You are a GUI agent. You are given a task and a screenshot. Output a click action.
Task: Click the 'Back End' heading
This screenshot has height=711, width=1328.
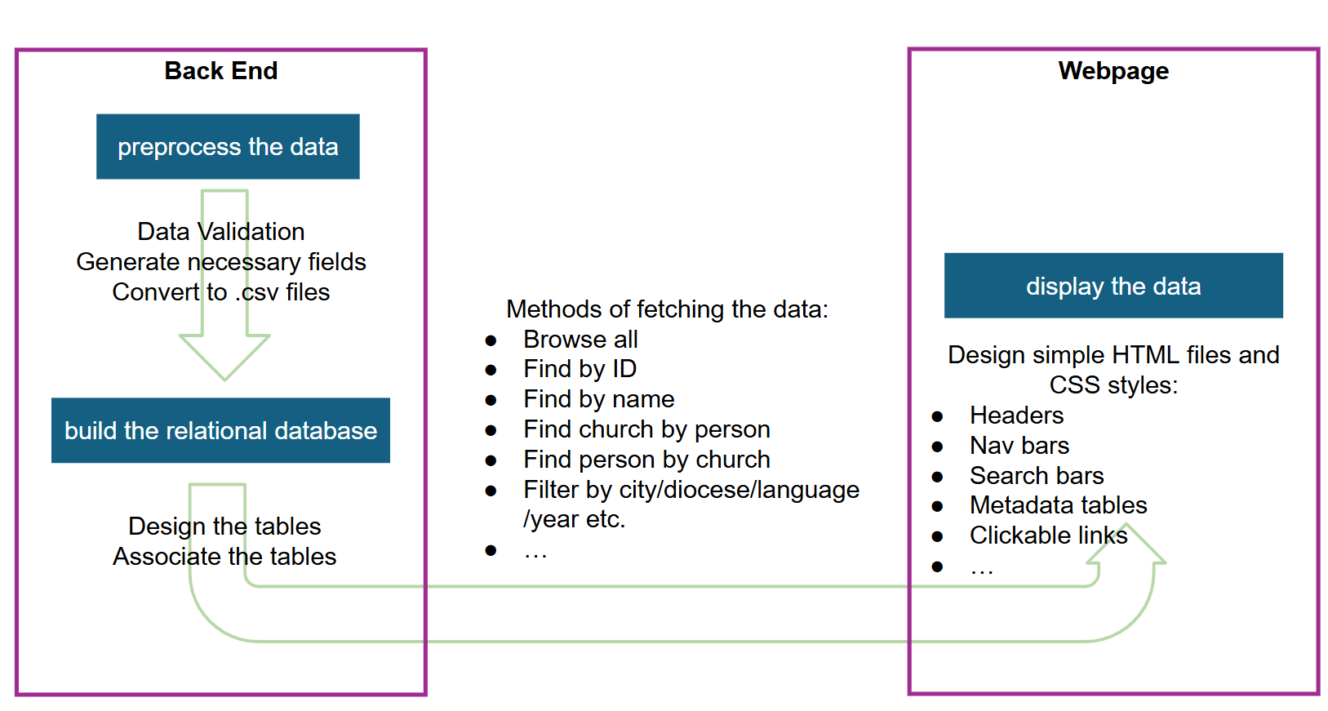[220, 70]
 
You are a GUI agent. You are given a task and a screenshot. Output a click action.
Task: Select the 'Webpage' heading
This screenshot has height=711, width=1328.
[1113, 71]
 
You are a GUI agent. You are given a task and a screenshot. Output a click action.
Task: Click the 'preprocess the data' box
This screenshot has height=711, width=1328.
[228, 146]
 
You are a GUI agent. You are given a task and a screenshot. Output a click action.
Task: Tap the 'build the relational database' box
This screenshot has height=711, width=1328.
[220, 430]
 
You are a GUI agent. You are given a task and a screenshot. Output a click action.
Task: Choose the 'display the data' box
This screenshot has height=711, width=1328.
[1113, 286]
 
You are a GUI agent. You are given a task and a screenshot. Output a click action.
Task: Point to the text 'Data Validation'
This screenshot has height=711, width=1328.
[220, 231]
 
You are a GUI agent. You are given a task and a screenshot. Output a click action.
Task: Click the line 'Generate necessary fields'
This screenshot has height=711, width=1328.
[220, 262]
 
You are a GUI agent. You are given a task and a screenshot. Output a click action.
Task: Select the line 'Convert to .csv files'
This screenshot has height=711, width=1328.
[220, 292]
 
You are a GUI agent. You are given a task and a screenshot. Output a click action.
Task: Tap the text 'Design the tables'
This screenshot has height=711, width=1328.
[224, 527]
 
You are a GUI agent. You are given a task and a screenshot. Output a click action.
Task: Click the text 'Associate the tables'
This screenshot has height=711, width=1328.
[224, 557]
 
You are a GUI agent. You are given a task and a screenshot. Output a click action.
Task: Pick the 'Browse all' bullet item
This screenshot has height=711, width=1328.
[580, 340]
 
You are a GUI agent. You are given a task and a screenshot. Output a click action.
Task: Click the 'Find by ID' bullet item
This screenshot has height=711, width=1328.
[580, 369]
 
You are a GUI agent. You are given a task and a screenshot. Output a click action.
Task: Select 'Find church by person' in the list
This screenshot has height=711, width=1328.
[646, 429]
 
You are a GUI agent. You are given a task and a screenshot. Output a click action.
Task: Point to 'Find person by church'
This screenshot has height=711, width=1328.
[646, 460]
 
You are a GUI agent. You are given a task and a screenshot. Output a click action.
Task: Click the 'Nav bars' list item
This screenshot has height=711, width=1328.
[1019, 446]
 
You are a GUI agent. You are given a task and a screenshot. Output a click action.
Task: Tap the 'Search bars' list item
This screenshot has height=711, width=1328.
[1037, 476]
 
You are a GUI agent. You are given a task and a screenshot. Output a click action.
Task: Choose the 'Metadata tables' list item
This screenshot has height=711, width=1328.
[1059, 505]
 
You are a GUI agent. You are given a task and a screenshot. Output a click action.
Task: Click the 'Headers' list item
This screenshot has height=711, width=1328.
[1016, 415]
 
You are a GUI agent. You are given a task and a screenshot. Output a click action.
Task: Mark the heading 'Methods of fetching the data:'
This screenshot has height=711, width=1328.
[667, 309]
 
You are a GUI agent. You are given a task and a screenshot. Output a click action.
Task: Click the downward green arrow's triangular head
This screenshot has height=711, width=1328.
[224, 356]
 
